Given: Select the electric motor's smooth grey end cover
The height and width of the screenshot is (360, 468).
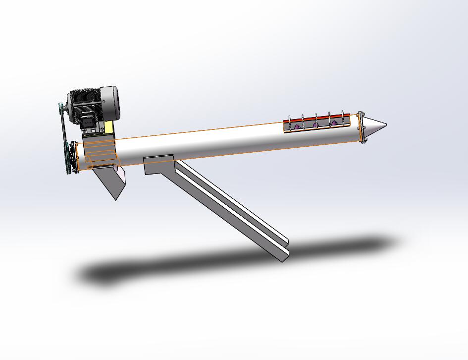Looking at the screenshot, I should pyautogui.click(x=110, y=103).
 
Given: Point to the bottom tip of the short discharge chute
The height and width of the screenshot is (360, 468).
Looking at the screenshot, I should pyautogui.click(x=116, y=198).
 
